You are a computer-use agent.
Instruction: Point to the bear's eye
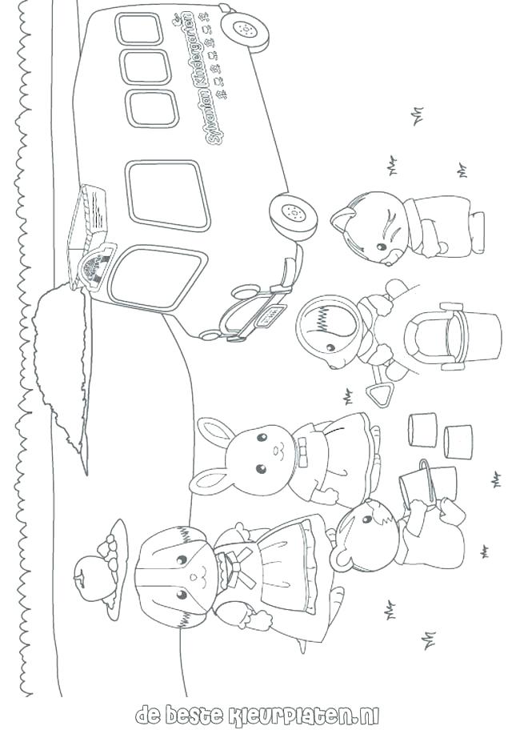pos(366,521)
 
